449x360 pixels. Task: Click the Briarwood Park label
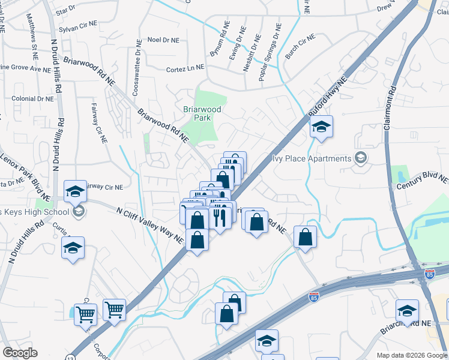point(202,114)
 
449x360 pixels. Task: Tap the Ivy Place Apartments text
point(312,158)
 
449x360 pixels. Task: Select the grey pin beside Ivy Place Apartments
point(361,158)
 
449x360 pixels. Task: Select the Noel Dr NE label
point(163,40)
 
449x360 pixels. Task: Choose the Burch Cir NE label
point(300,46)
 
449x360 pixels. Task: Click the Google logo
point(20,353)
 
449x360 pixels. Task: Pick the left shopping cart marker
point(85,313)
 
